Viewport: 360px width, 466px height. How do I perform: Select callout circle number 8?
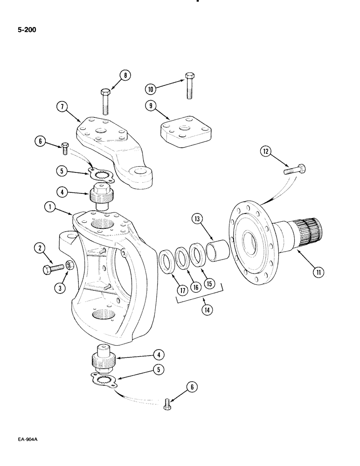(125, 75)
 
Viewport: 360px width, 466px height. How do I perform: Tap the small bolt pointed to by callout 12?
(296, 170)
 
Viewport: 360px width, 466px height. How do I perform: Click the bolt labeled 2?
(52, 269)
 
